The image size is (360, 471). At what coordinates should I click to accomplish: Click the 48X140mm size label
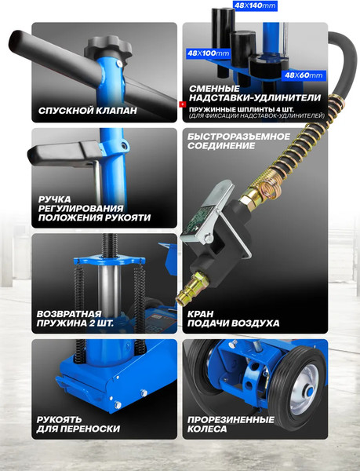coord(255,5)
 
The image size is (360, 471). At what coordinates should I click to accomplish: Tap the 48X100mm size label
coord(208,53)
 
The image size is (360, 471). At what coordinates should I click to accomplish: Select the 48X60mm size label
coord(304,75)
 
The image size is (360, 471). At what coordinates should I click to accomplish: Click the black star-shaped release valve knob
coord(108,47)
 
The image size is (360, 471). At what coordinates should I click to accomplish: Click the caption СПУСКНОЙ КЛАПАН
coord(88,111)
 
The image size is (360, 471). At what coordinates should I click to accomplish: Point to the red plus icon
coord(183,104)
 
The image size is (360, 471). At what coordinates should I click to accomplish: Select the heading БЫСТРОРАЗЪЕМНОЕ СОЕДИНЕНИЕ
coord(238,141)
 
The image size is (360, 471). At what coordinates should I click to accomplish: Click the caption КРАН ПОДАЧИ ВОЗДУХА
coord(234,319)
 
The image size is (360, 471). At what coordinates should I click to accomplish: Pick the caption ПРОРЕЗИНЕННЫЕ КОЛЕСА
coord(231,424)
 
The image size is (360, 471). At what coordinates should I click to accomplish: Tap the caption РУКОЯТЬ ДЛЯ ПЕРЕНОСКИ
coord(78,424)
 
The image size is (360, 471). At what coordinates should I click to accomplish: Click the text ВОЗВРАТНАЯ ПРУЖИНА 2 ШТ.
coord(75,319)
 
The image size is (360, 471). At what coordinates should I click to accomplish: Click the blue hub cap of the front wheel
coord(309,392)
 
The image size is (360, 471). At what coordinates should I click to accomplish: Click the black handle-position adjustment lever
coord(64,153)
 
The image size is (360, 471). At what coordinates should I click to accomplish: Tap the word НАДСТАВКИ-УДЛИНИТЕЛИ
coord(255,97)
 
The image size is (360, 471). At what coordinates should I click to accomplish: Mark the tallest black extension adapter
coord(223,42)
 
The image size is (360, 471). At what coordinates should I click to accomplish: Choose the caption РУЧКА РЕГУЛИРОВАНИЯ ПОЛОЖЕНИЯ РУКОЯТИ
coord(94,209)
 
